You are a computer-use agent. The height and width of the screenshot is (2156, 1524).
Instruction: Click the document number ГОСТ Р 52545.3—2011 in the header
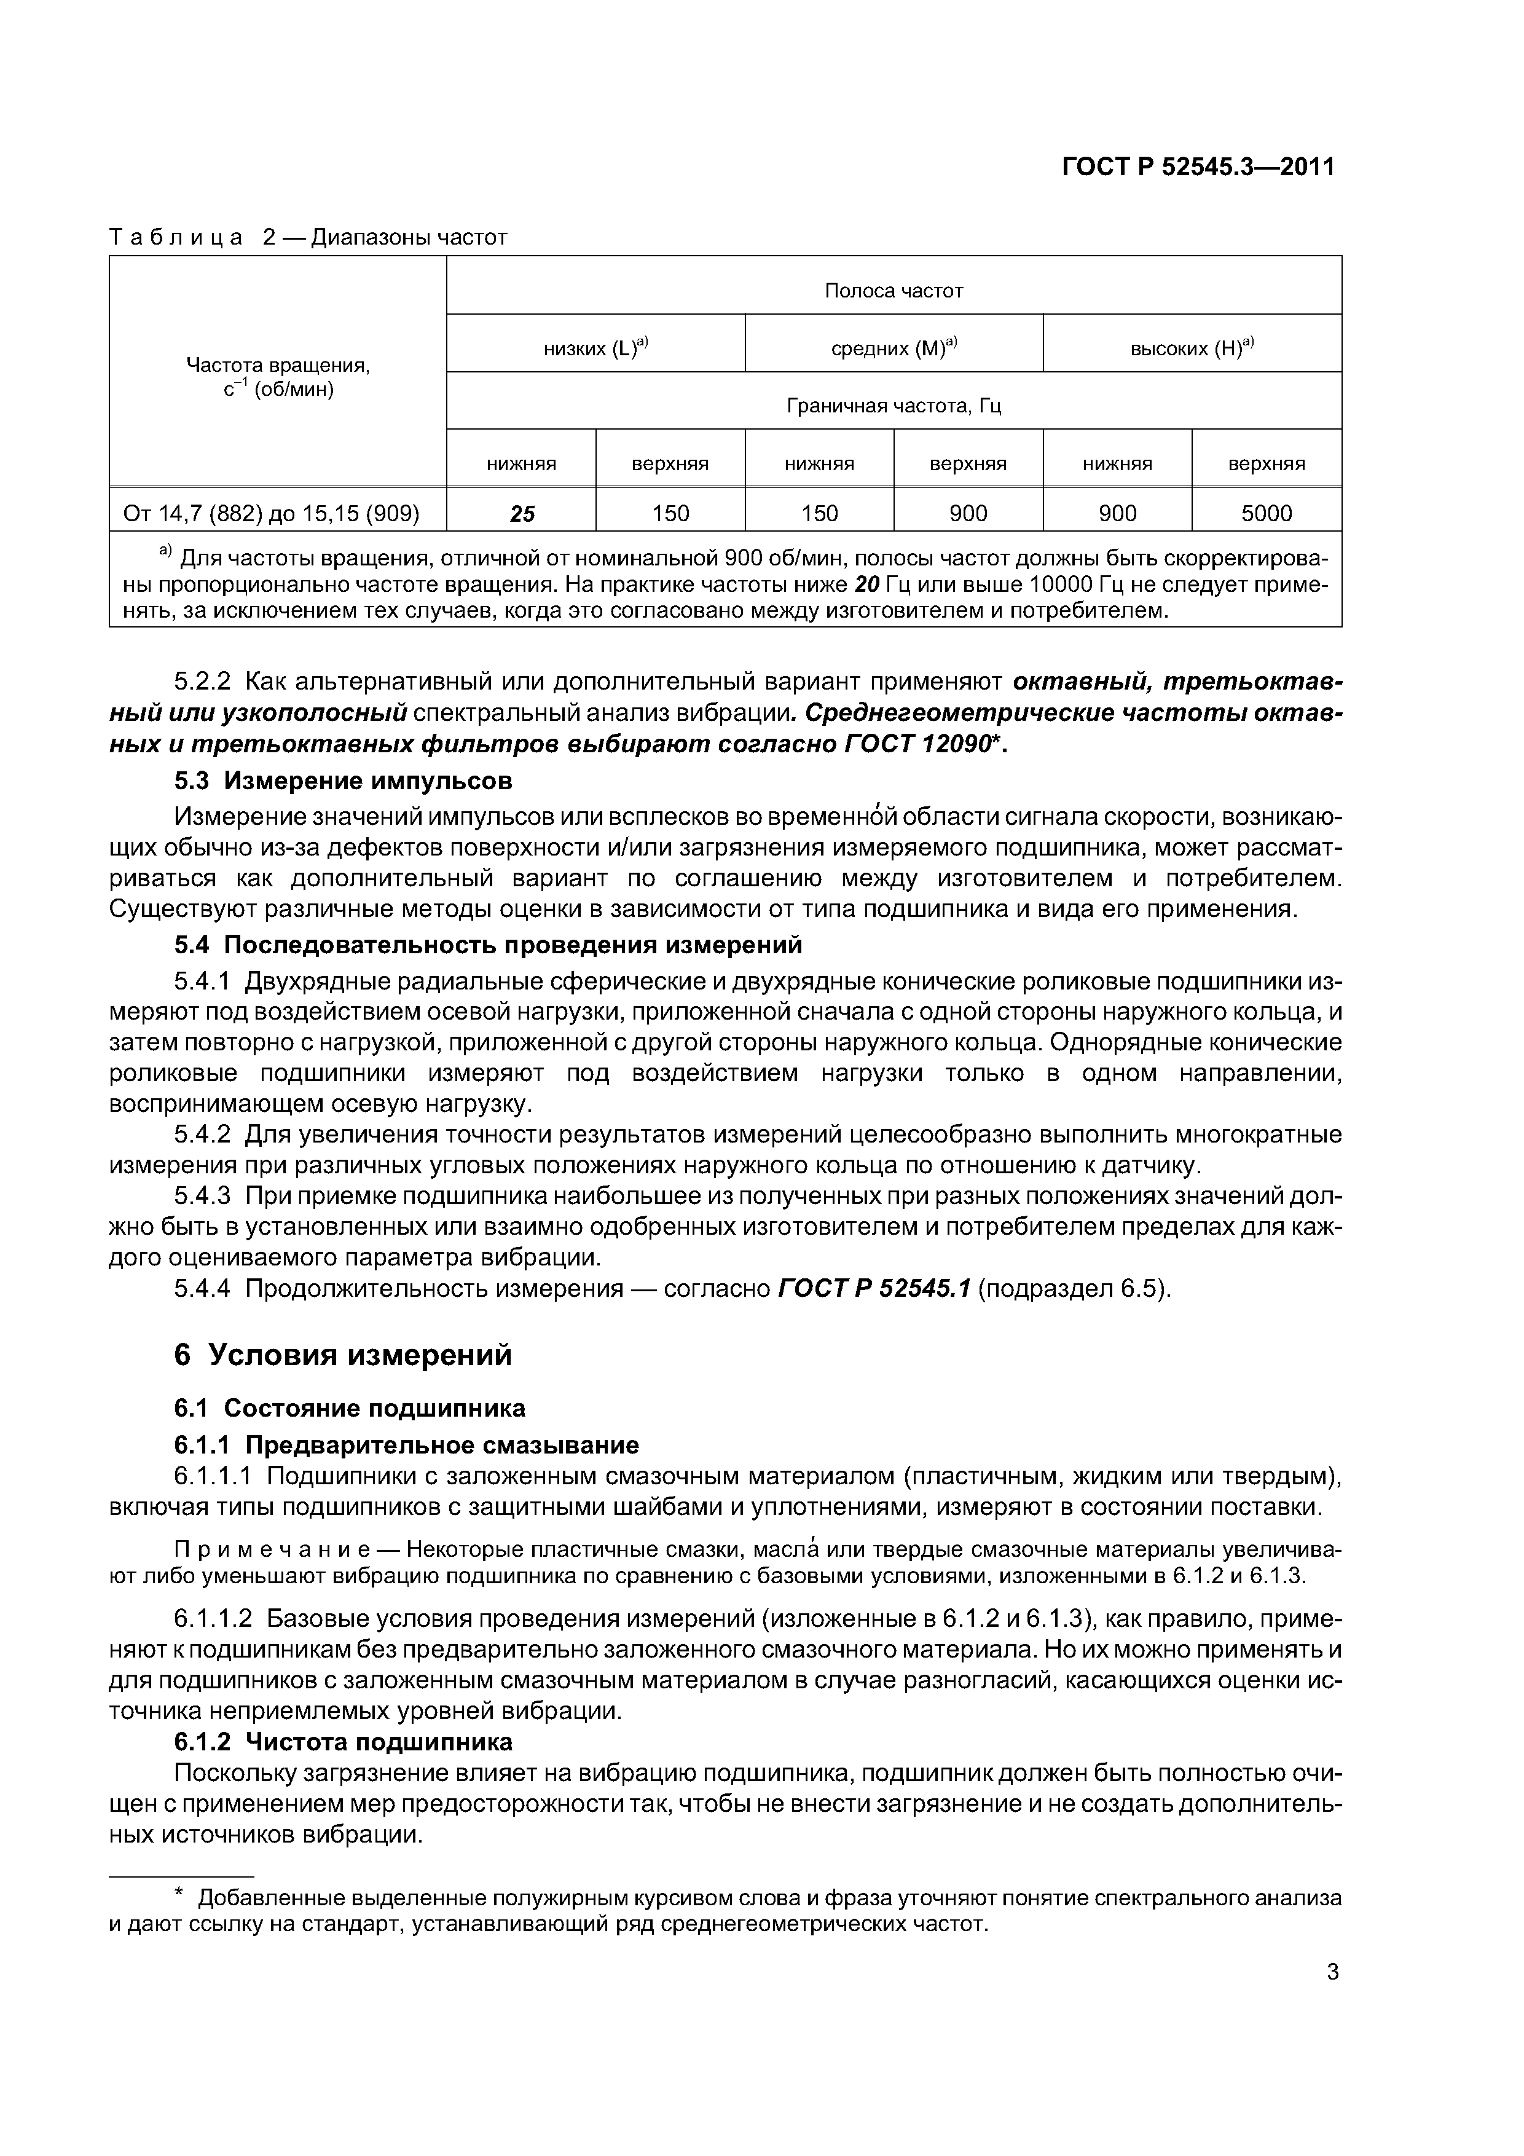coord(1197,167)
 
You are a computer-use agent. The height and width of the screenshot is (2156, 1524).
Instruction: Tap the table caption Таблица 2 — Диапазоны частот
coord(308,238)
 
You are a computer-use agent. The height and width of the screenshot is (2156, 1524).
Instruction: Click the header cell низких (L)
coord(595,348)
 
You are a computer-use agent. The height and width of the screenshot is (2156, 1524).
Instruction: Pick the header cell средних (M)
coord(893,348)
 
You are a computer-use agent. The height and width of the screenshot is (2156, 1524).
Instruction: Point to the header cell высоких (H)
coord(1191,348)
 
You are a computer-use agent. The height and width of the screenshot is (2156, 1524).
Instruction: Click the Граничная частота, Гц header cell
coord(893,406)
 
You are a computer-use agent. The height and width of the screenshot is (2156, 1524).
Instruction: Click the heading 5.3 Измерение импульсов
coord(344,781)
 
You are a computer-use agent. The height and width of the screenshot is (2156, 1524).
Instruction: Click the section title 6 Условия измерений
coord(344,1355)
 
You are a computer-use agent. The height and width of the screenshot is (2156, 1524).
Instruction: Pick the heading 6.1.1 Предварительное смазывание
coord(407,1445)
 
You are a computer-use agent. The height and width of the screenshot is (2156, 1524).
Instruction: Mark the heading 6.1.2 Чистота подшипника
coord(344,1742)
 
